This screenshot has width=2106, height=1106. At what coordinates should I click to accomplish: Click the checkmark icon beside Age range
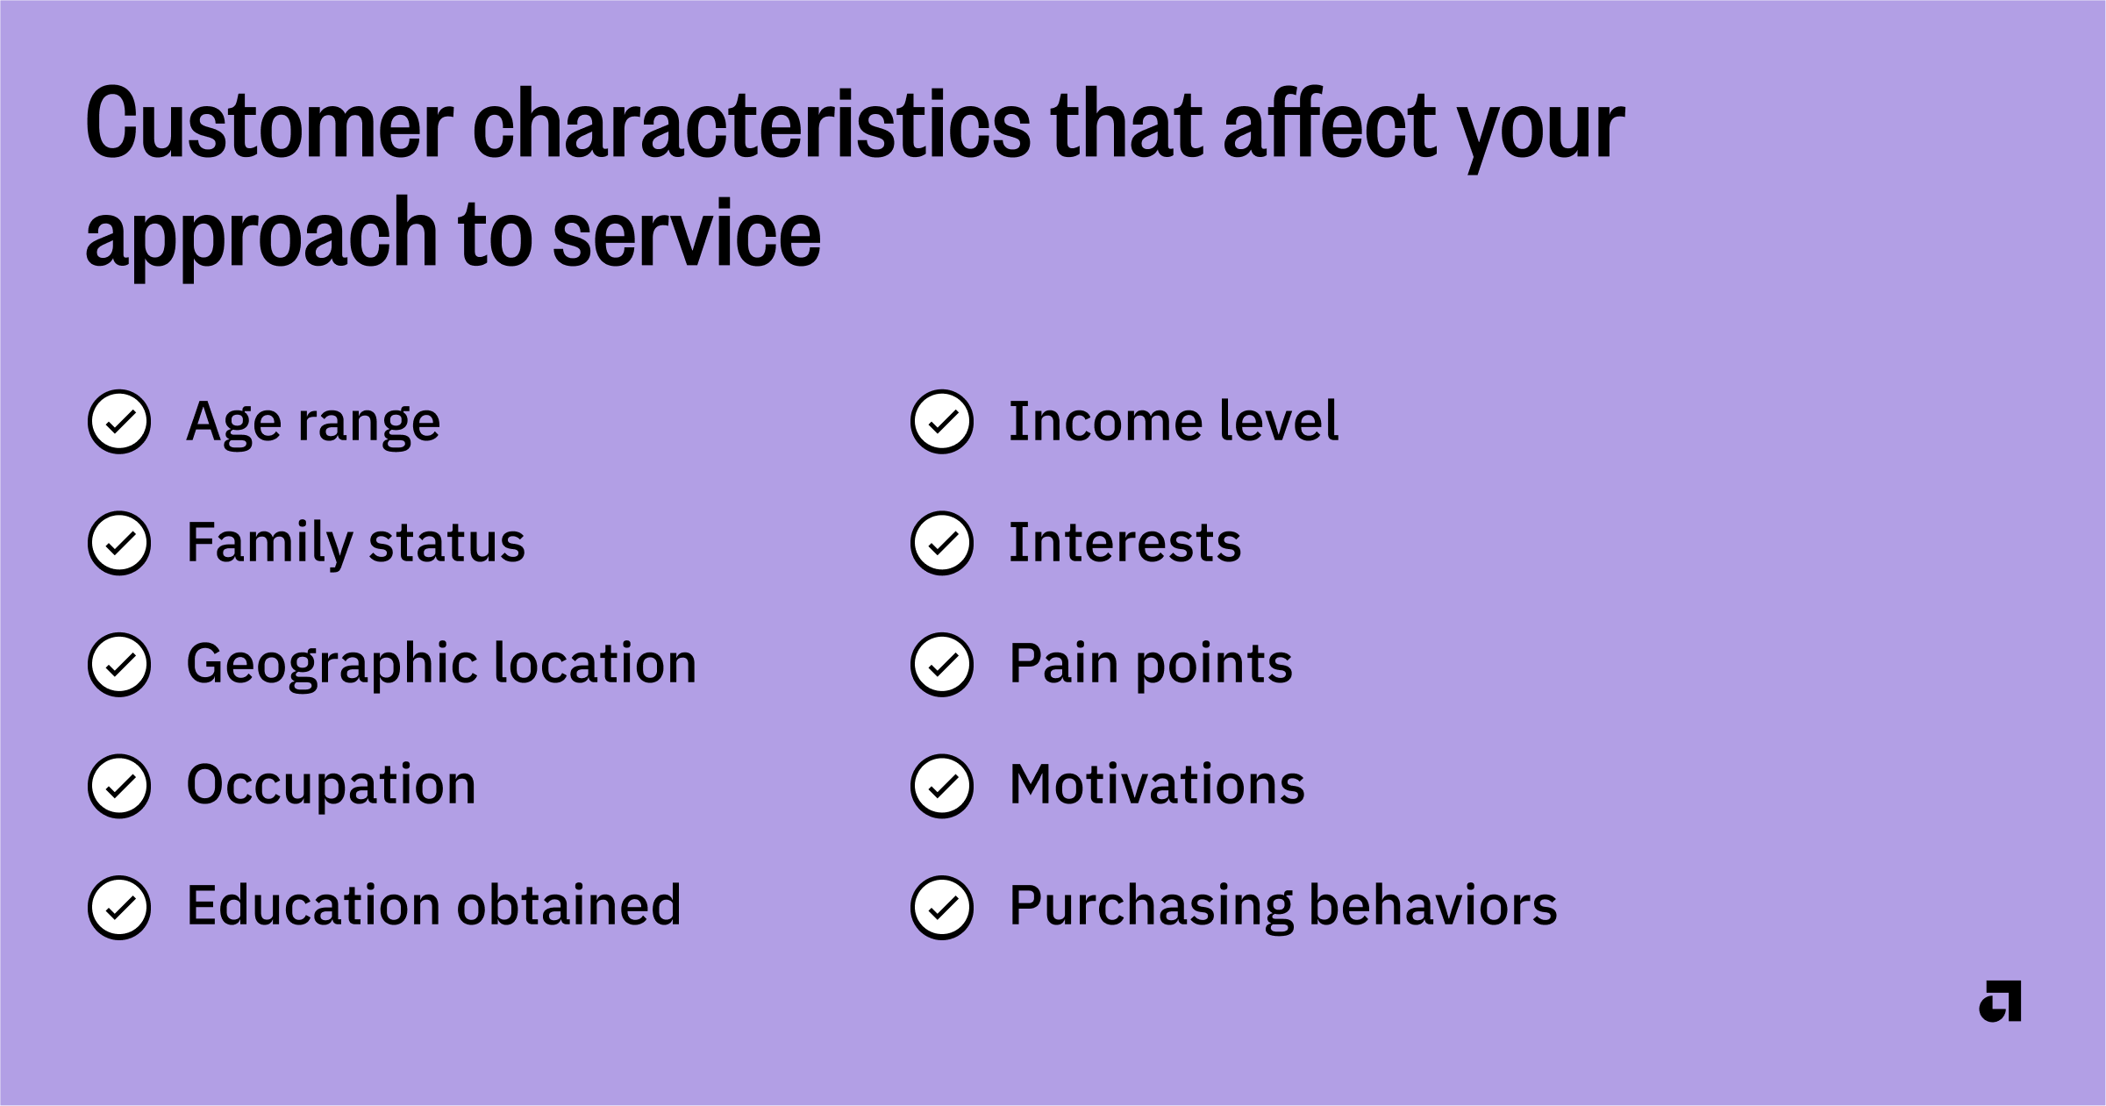point(119,422)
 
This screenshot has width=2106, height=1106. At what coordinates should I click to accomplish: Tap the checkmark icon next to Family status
point(119,543)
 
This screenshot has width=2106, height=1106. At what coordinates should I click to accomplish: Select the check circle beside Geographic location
point(119,665)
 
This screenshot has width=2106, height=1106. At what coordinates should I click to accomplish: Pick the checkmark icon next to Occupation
point(119,786)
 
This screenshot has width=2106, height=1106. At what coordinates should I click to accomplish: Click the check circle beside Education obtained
point(119,908)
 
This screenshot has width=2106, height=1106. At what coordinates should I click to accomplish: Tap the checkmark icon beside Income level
point(942,422)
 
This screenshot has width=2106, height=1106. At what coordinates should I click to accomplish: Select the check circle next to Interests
point(942,543)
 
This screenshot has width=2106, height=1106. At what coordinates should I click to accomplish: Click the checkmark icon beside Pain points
point(942,665)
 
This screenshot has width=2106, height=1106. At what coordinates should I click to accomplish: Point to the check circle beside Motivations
point(942,786)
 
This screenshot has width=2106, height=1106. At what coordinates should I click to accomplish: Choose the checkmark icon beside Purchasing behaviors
point(942,908)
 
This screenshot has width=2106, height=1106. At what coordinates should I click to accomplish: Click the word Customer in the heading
point(269,125)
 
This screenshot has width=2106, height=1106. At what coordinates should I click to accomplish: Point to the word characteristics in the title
point(752,125)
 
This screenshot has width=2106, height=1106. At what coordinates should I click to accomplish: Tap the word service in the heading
point(687,234)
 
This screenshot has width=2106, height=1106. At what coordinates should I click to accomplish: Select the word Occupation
point(332,785)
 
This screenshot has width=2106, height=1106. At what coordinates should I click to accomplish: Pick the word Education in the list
point(314,906)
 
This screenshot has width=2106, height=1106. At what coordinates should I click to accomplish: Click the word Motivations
point(1157,785)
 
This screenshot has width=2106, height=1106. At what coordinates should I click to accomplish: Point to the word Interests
point(1125,543)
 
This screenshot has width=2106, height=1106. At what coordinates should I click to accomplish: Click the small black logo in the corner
point(2001,1001)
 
